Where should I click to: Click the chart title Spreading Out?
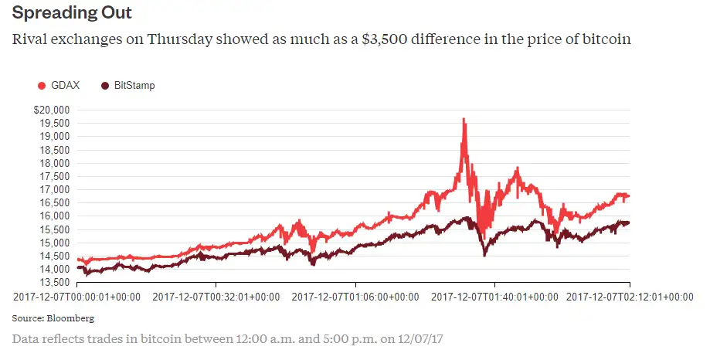click(x=72, y=14)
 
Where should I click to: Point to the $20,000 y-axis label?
click(x=52, y=110)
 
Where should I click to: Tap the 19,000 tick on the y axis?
click(x=55, y=136)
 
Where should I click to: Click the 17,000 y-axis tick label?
click(x=55, y=189)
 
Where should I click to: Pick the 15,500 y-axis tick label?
click(x=55, y=229)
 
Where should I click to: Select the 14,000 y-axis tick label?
click(x=55, y=270)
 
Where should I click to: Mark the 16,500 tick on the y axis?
click(x=55, y=202)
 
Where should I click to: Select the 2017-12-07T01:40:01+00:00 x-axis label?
click(x=494, y=296)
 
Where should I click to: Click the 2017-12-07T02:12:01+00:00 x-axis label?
click(x=630, y=296)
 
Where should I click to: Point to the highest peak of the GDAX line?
click(x=463, y=119)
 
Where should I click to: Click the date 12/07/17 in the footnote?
click(x=426, y=338)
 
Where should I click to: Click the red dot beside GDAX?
click(x=42, y=85)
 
